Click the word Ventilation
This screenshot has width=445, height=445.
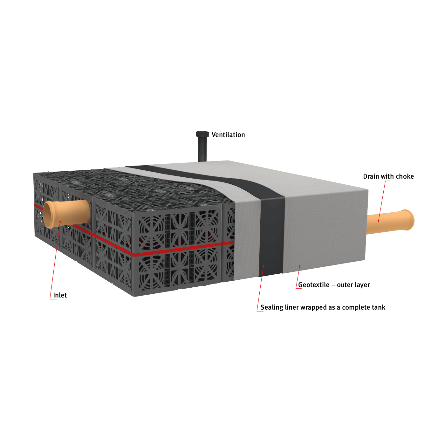pos(228,135)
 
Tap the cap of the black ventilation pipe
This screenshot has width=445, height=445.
pos(202,134)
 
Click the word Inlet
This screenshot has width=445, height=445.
pos(60,295)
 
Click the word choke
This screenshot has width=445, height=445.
pos(405,176)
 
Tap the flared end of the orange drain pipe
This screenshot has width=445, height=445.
pos(408,219)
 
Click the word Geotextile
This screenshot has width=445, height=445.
pos(314,285)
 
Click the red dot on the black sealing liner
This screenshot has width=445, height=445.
pos(264,266)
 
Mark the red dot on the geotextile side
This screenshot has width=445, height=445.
pos(300,266)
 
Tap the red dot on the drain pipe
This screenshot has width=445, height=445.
pos(379,221)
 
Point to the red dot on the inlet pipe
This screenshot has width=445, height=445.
pos(60,222)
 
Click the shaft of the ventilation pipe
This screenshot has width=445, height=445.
pos(202,149)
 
